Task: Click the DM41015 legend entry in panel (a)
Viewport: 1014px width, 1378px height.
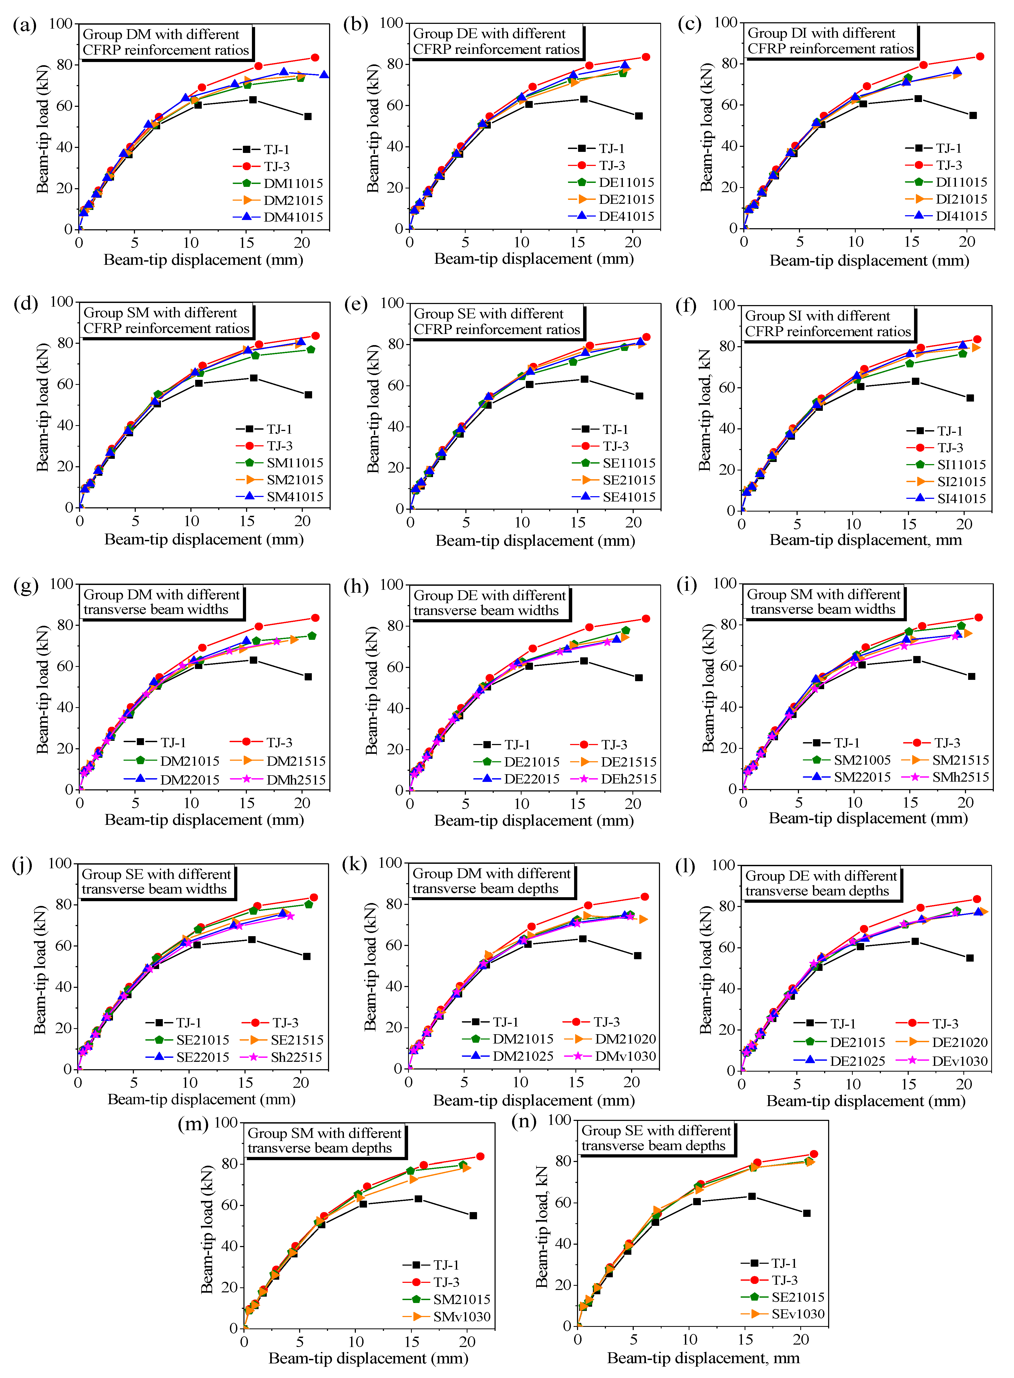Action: tap(293, 217)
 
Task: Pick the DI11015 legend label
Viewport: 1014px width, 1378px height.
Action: tap(961, 182)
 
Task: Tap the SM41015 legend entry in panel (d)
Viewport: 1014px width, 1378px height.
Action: tap(295, 496)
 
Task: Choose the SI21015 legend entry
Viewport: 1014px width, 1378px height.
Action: tap(961, 482)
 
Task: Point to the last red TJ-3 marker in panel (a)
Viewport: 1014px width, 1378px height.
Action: tap(315, 58)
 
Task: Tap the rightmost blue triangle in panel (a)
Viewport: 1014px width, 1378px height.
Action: tap(324, 75)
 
